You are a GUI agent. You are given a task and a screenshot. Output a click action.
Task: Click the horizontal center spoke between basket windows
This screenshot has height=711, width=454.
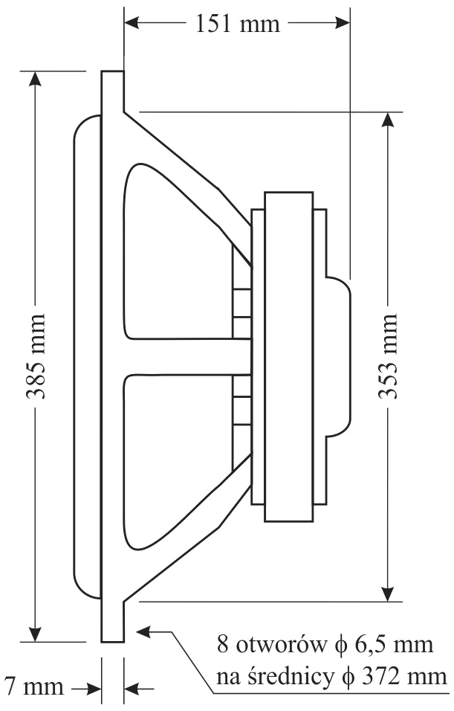point(186,356)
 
